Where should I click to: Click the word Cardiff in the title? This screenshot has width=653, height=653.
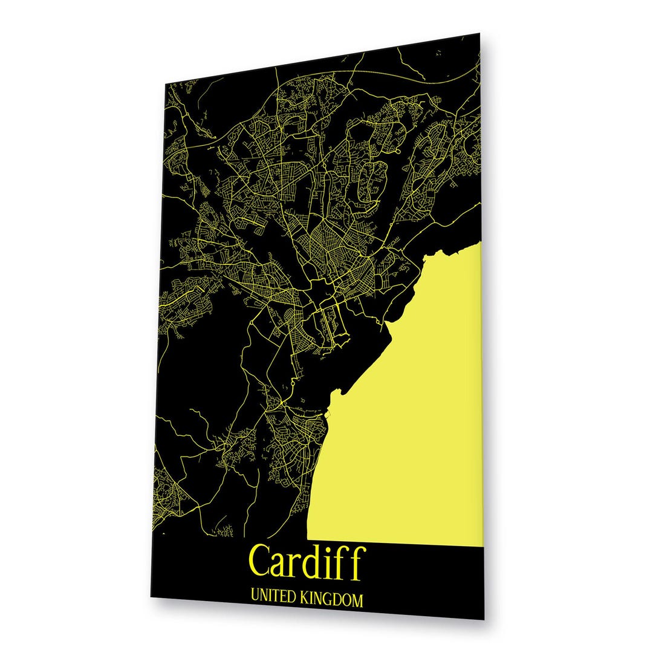coord(307,561)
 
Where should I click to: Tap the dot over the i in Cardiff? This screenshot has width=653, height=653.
coord(330,548)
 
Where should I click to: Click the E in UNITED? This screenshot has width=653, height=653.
coord(283,599)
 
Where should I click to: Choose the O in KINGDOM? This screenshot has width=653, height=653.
coord(346,600)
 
